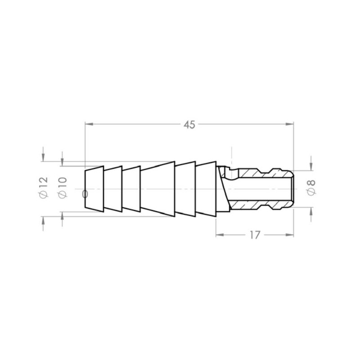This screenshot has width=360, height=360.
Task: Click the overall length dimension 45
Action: coord(189,125)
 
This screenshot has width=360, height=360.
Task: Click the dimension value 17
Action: coord(254,235)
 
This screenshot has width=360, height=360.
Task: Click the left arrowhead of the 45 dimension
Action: coord(89,123)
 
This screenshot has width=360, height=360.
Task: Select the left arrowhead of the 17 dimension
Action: coord(220,235)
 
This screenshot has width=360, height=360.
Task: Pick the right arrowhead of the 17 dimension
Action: coord(290,235)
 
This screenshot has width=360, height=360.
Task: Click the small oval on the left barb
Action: coord(85,194)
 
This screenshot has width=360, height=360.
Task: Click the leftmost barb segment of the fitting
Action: coord(94,188)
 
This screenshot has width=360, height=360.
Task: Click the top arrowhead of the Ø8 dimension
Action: coord(311,166)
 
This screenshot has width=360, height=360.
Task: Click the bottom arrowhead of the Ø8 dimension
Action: coord(311,211)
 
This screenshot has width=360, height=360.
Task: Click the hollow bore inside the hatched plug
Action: coord(261,188)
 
